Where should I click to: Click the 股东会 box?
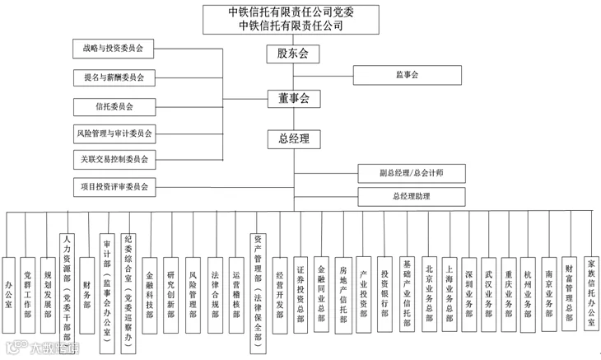292,54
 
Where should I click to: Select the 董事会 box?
292,98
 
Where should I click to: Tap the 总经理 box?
292,139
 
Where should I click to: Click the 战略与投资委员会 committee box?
113,49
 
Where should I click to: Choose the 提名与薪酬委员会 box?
113,77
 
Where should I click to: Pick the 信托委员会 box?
113,106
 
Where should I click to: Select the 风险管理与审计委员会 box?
113,133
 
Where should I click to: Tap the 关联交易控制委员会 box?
113,159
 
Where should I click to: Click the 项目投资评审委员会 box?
113,187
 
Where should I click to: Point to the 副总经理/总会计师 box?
411,174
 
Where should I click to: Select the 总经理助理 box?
411,197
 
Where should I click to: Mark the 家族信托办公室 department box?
589,292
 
